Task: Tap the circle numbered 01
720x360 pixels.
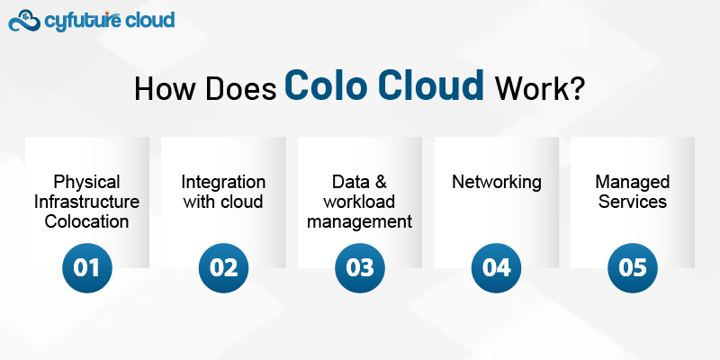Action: click(x=87, y=267)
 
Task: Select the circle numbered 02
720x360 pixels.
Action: click(x=223, y=267)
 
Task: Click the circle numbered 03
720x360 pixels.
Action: click(x=360, y=267)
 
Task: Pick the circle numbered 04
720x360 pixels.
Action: click(x=497, y=267)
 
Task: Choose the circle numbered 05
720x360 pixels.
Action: click(x=633, y=267)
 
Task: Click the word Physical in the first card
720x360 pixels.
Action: click(x=87, y=182)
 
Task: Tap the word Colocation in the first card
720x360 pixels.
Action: click(x=87, y=221)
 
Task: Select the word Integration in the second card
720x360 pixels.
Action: click(x=223, y=182)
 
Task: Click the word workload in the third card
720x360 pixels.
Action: click(x=360, y=202)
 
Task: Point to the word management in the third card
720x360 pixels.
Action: click(x=360, y=221)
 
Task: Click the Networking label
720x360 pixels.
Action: click(x=497, y=182)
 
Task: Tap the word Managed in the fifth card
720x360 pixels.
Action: click(x=633, y=182)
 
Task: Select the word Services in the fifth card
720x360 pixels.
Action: click(x=633, y=202)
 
